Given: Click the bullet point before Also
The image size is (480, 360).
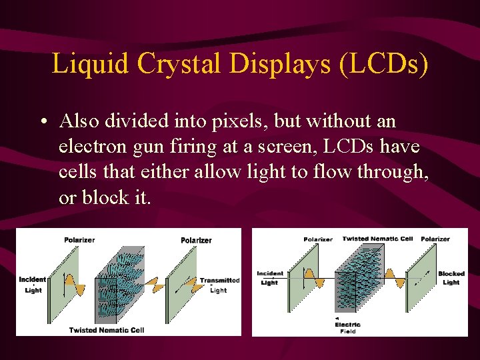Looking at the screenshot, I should pyautogui.click(x=42, y=123).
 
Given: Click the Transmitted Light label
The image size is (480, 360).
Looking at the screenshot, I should pyautogui.click(x=219, y=285).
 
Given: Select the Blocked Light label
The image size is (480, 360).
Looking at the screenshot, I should pyautogui.click(x=451, y=278).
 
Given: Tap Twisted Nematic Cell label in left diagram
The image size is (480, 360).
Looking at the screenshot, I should pyautogui.click(x=106, y=330).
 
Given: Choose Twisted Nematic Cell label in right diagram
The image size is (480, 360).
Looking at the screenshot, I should pyautogui.click(x=377, y=239).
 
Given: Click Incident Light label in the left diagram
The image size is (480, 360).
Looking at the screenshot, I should pyautogui.click(x=33, y=285).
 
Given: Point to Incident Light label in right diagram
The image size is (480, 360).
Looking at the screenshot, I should pyautogui.click(x=269, y=278).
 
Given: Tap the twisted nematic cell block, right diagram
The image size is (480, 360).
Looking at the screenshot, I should pyautogui.click(x=360, y=280).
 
